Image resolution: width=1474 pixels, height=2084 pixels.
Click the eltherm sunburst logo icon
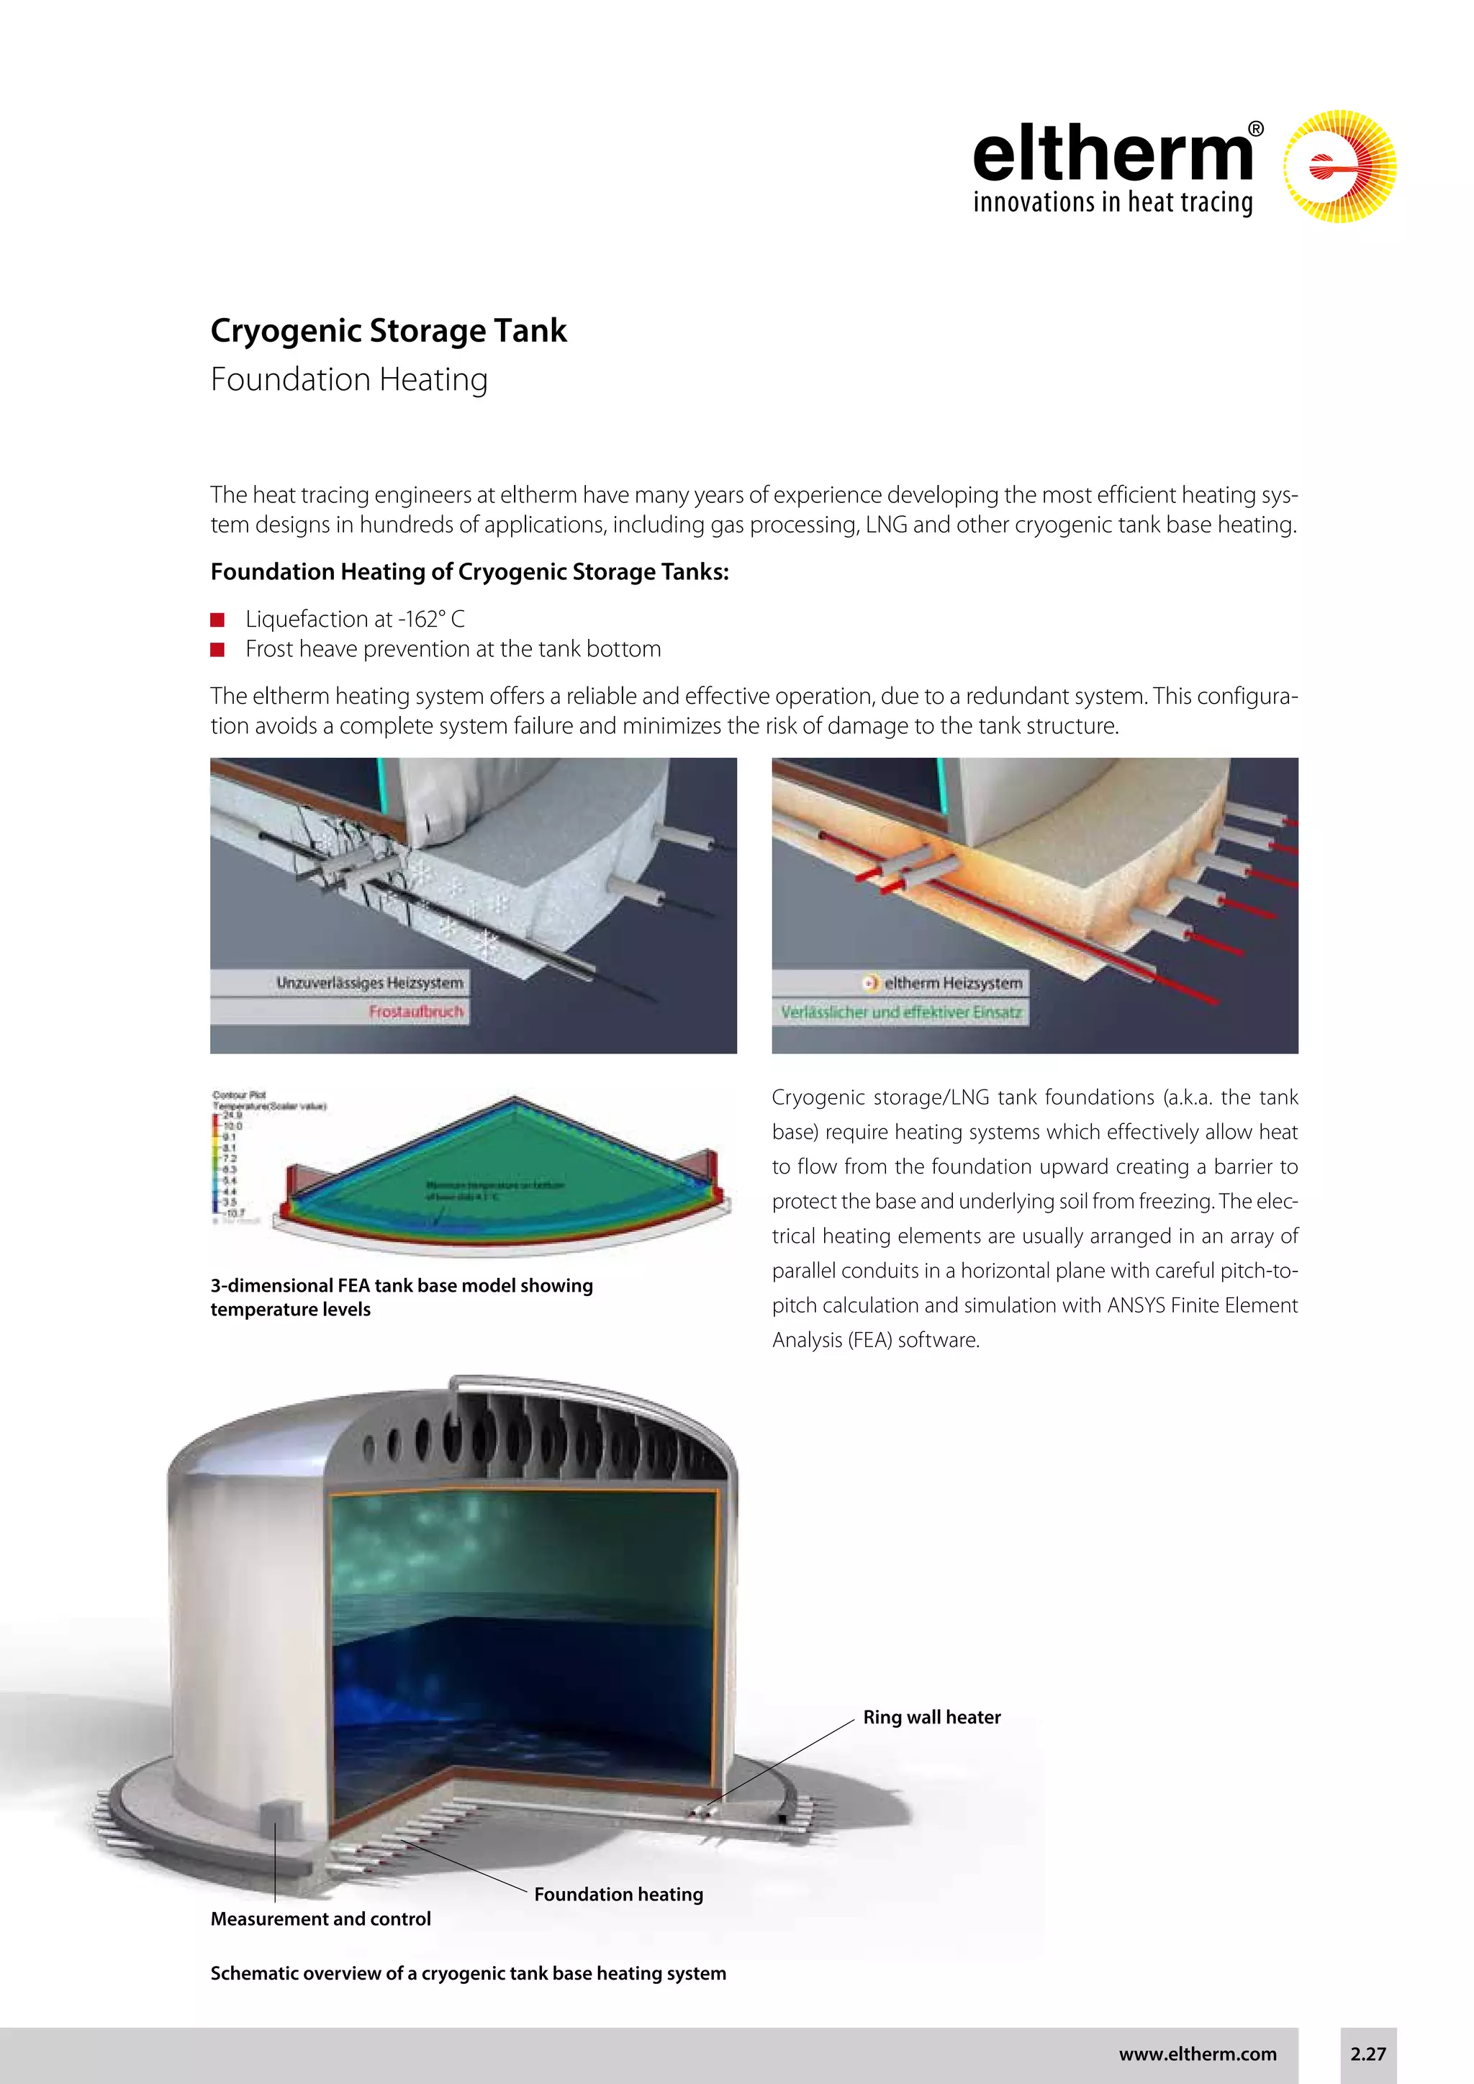(x=1339, y=167)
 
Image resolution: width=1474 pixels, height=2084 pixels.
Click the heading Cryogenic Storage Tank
(x=389, y=330)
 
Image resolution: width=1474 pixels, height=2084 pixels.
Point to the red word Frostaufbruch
(x=417, y=1011)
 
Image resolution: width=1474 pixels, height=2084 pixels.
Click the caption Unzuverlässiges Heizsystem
(x=369, y=982)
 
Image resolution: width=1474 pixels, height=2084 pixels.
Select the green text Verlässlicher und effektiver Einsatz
(x=901, y=1012)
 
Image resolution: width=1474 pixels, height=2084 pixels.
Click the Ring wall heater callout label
(x=931, y=1717)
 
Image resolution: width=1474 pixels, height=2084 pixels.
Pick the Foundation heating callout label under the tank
(x=618, y=1894)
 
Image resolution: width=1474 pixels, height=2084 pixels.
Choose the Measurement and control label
(x=320, y=1918)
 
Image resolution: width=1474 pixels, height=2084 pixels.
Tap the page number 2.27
(x=1367, y=2054)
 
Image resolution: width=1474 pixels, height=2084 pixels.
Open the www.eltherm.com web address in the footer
(x=1197, y=2054)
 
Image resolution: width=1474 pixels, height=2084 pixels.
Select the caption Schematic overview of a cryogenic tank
(x=469, y=1973)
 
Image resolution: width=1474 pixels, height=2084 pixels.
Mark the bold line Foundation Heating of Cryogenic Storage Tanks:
(x=470, y=572)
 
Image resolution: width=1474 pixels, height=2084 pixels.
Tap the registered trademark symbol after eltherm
(x=1256, y=130)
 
